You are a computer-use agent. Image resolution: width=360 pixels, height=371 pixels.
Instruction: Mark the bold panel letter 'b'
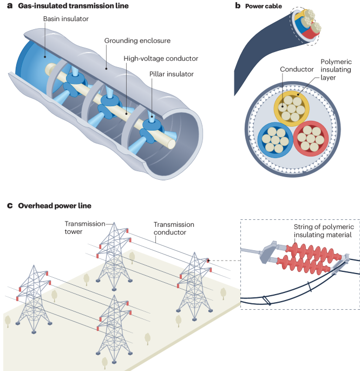[x=237, y=6]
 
